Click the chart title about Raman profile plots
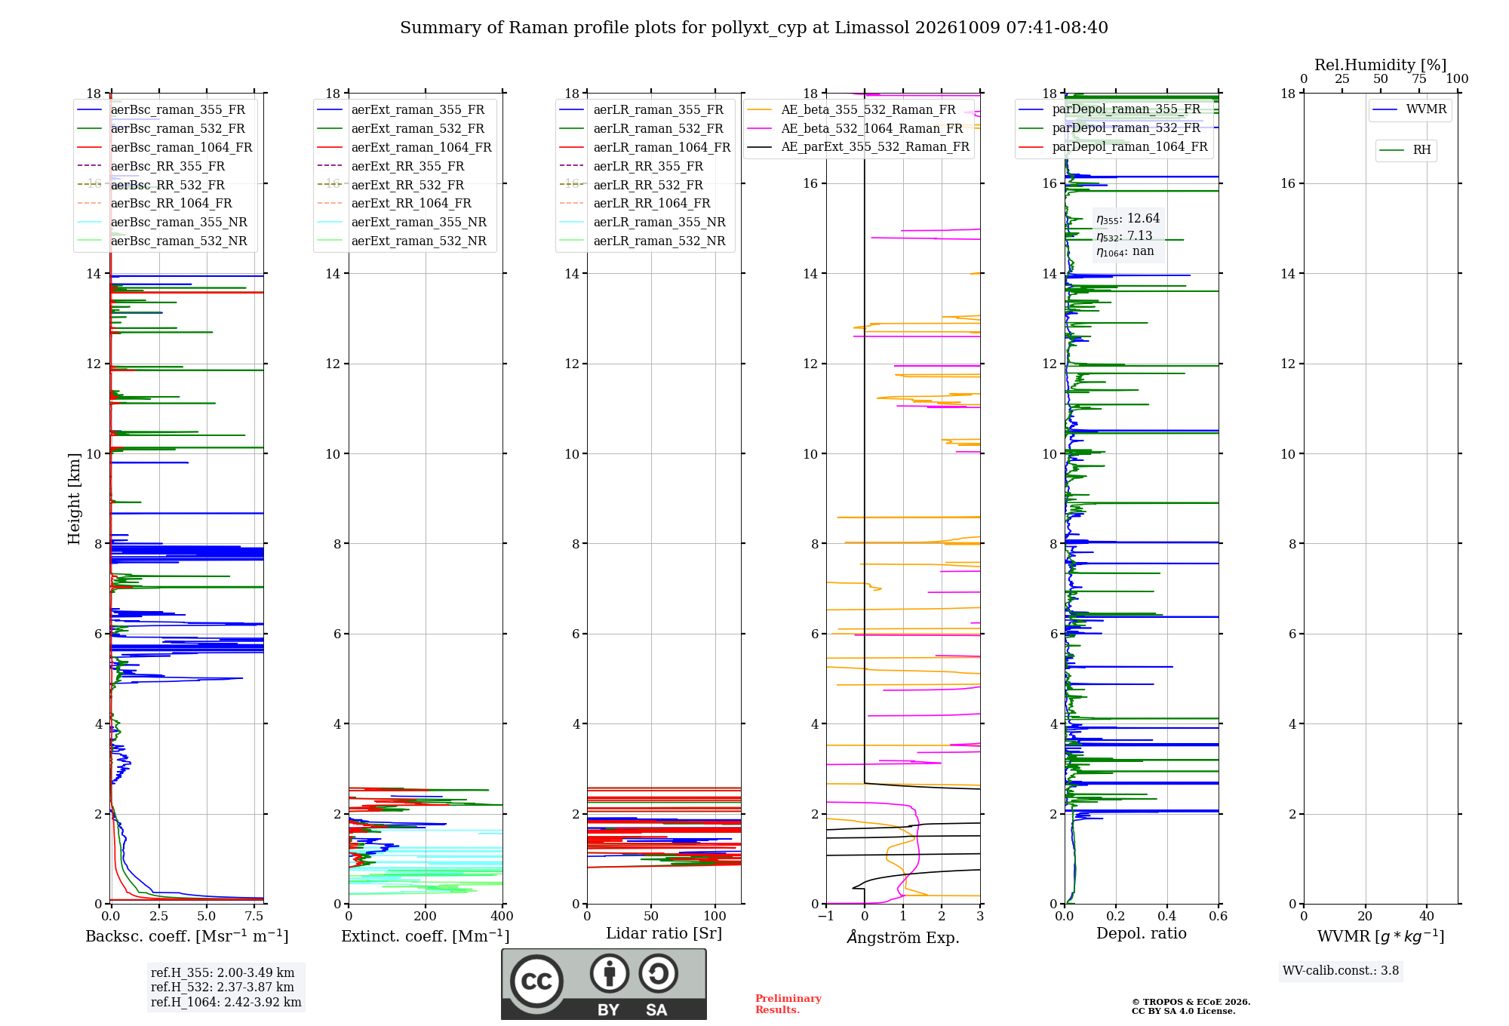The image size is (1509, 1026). [x=754, y=28]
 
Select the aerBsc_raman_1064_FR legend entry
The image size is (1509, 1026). [x=164, y=147]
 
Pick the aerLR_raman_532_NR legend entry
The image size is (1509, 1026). [x=642, y=241]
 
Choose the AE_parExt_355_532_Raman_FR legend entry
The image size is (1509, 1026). [x=858, y=146]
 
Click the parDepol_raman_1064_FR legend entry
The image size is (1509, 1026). [x=1113, y=146]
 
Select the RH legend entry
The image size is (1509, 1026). [x=1405, y=150]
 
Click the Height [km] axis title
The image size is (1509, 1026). [x=74, y=499]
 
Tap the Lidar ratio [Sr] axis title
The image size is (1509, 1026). [x=664, y=933]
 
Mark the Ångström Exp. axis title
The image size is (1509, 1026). [x=903, y=937]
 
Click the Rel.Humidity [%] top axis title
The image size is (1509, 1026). [x=1381, y=65]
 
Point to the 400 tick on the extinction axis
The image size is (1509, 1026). [x=502, y=916]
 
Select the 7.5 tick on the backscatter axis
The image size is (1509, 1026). [x=254, y=916]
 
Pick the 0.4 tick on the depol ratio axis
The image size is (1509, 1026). [x=1167, y=916]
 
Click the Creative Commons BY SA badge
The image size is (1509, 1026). [x=604, y=985]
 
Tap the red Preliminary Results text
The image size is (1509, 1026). [x=788, y=1004]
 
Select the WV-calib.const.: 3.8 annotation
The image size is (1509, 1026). [x=1341, y=971]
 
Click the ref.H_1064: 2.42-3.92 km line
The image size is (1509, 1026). [x=226, y=1003]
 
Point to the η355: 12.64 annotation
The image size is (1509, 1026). [x=1128, y=219]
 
